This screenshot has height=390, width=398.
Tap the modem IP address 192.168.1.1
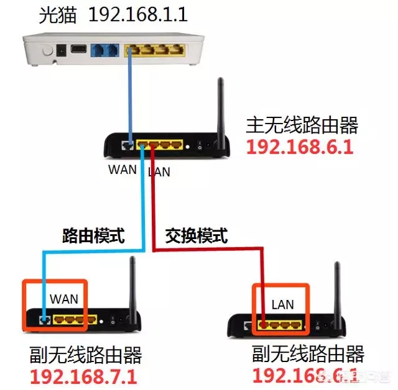click(x=139, y=15)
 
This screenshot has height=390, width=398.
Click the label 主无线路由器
click(x=302, y=126)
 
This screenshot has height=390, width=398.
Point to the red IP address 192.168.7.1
click(x=85, y=377)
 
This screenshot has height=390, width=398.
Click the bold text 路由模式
click(x=93, y=235)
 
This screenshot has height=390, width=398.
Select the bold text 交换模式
click(x=197, y=235)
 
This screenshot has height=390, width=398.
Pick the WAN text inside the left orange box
click(x=63, y=299)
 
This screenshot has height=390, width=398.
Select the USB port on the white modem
click(x=79, y=50)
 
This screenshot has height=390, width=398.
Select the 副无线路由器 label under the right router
click(x=308, y=355)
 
